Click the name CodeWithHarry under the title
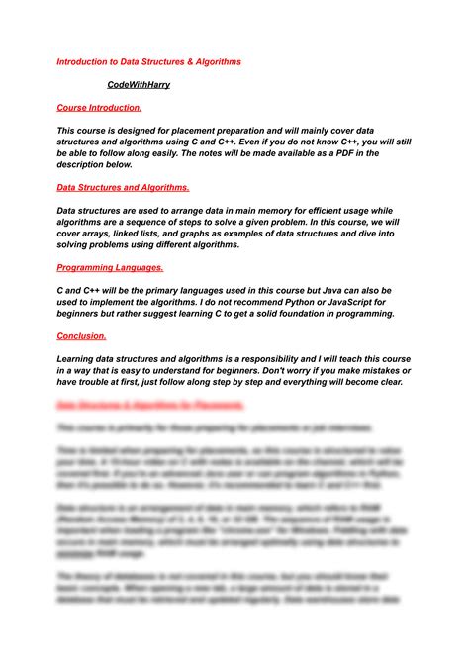click(139, 85)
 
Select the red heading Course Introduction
click(99, 108)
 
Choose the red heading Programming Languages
click(110, 267)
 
